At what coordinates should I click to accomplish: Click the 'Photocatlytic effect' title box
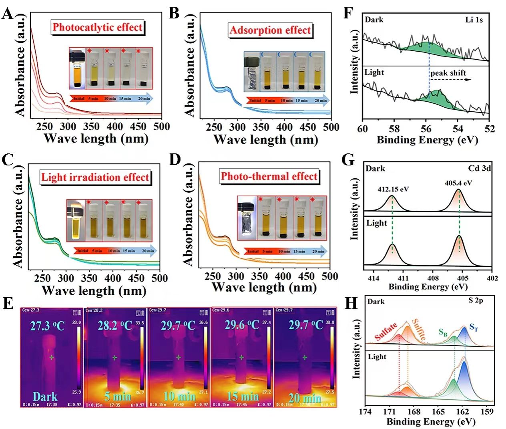(97, 27)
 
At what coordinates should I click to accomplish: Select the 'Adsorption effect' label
(270, 30)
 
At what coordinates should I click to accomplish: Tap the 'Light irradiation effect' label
(95, 177)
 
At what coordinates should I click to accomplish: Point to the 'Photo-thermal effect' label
(269, 176)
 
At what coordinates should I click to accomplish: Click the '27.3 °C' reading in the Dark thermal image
(47, 326)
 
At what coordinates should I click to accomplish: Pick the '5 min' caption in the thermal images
(117, 397)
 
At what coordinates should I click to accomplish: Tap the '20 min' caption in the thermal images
(305, 398)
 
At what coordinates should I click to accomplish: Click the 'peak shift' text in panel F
(448, 73)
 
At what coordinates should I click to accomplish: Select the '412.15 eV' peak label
(393, 189)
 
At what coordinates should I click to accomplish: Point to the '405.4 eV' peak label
(458, 183)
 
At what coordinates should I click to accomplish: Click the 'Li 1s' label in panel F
(474, 20)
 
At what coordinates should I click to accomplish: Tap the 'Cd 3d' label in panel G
(479, 168)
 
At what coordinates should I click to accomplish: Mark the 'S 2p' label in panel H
(476, 300)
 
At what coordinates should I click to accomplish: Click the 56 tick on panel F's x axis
(426, 129)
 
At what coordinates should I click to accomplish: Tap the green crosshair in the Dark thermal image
(51, 357)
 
